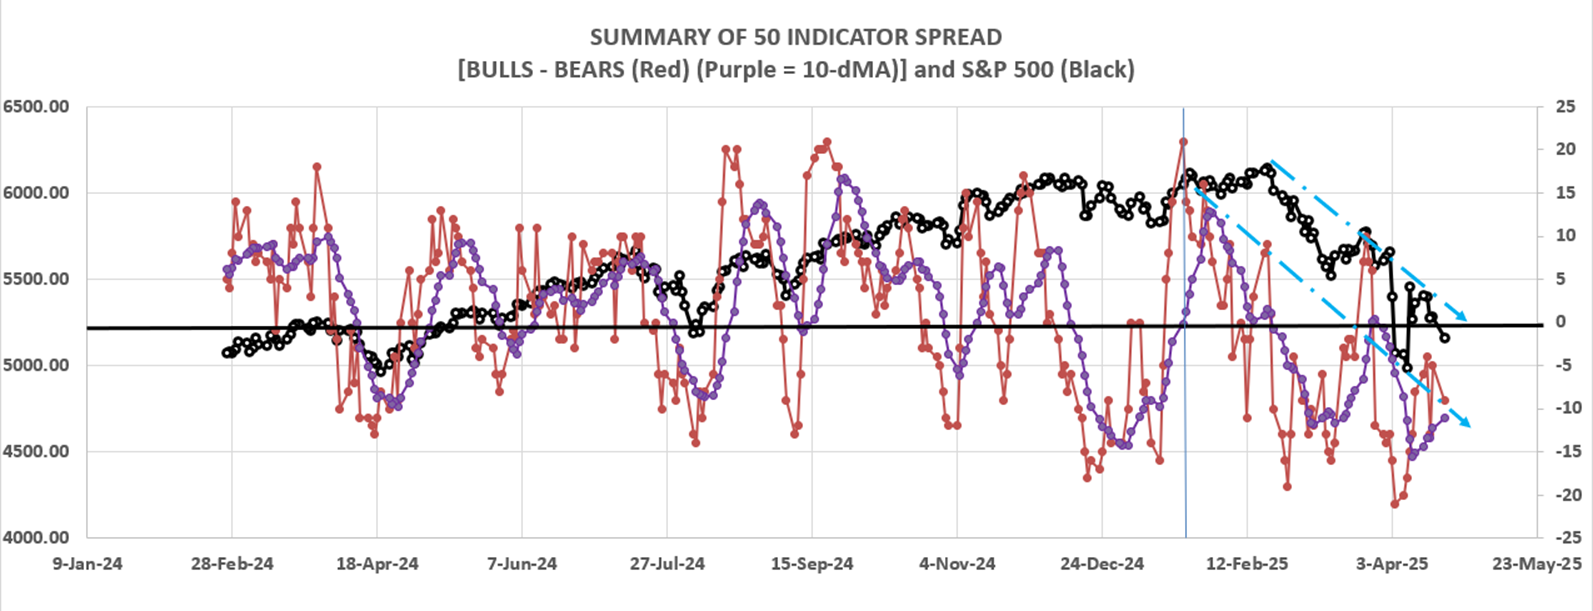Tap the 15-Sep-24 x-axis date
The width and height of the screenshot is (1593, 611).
(811, 564)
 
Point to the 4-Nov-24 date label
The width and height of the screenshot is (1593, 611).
(957, 564)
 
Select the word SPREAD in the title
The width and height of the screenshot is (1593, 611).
(951, 38)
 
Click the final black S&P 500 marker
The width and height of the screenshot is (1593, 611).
(1444, 338)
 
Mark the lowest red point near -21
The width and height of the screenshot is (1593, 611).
(1395, 504)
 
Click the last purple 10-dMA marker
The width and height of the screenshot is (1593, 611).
(1444, 417)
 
